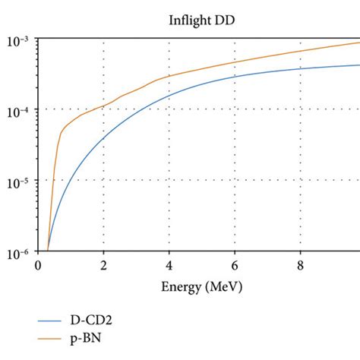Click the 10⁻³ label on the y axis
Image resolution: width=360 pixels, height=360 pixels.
tap(19, 38)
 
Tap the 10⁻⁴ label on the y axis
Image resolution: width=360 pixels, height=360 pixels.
tap(19, 109)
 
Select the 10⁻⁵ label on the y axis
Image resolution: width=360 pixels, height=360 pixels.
tap(19, 180)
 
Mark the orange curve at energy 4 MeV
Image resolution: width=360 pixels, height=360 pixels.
tap(169, 76)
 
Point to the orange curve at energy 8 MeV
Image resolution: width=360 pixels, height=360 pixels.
tap(300, 51)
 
